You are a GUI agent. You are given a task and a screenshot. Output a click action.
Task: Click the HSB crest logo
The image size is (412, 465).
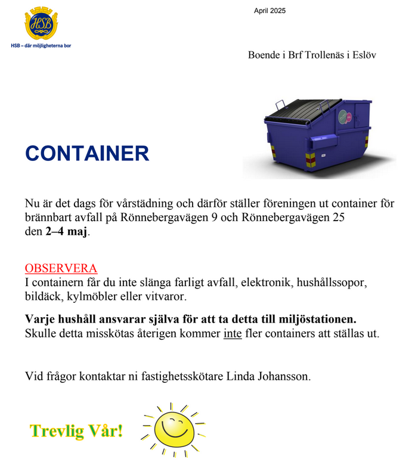tap(41, 24)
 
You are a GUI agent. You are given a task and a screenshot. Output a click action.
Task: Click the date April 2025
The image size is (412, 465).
tap(269, 11)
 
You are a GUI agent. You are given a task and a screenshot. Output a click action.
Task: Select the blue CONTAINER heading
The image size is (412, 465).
tap(87, 153)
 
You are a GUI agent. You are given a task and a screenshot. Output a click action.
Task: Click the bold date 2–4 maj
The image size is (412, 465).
tap(66, 232)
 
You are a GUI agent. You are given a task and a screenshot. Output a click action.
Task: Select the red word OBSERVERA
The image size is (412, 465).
tap(61, 269)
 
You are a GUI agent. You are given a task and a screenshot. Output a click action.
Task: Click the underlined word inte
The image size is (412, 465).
tap(233, 333)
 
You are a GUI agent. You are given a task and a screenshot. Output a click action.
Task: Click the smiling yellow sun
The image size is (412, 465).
tap(174, 428)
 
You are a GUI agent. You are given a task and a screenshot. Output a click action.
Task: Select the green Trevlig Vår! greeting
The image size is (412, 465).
tap(76, 430)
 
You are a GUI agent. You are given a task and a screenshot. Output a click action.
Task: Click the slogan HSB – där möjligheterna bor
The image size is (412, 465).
tap(41, 45)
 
